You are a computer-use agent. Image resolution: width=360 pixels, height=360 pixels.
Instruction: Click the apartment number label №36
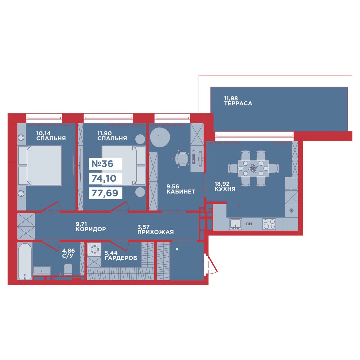[102, 164]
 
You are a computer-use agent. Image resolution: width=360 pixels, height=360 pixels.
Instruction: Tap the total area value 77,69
[105, 193]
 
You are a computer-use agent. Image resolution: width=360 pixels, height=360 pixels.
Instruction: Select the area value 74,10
[104, 178]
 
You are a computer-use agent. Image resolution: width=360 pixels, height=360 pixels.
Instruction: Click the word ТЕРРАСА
[238, 103]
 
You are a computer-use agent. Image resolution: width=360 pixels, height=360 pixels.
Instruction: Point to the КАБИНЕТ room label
[181, 191]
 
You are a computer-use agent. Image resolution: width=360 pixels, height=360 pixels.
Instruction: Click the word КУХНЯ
[225, 189]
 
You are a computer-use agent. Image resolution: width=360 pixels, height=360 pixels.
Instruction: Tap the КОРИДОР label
[91, 229]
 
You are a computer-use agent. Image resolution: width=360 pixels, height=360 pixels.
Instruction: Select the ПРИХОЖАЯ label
[156, 232]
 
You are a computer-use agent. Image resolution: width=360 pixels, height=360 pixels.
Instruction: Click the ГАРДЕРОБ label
[121, 258]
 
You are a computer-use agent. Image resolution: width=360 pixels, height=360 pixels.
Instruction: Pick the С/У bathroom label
[68, 256]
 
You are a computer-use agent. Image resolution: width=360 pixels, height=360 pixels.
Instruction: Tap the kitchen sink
[235, 224]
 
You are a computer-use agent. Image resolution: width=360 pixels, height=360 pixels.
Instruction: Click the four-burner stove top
[269, 224]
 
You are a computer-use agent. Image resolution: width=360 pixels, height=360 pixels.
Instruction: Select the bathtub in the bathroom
[25, 261]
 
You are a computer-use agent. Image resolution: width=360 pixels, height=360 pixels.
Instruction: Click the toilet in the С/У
[68, 269]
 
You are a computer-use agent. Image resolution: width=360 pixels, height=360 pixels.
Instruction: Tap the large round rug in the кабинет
[160, 137]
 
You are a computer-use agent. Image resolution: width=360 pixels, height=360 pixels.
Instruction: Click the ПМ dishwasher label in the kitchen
[249, 224]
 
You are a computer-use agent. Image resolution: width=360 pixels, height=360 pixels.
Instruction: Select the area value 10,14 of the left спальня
[43, 133]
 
